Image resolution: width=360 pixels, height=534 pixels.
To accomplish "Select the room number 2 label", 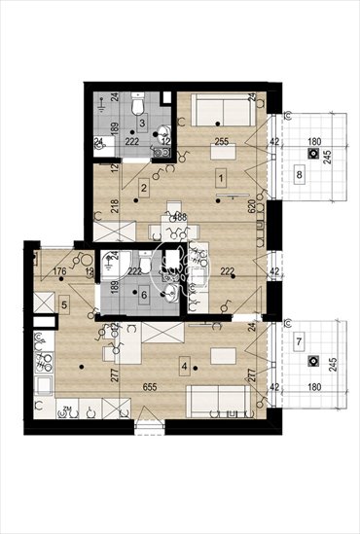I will pyautogui.click(x=143, y=188).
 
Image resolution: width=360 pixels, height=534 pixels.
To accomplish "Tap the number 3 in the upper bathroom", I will pyautogui.click(x=142, y=125).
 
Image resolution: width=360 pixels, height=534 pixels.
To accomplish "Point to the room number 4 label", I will pyautogui.click(x=184, y=369).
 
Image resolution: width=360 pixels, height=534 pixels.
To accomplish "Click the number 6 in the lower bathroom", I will pyautogui.click(x=143, y=295).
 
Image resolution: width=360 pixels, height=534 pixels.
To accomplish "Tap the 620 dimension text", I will pyautogui.click(x=251, y=206).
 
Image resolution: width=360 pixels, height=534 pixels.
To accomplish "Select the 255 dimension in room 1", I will pyautogui.click(x=221, y=142).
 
